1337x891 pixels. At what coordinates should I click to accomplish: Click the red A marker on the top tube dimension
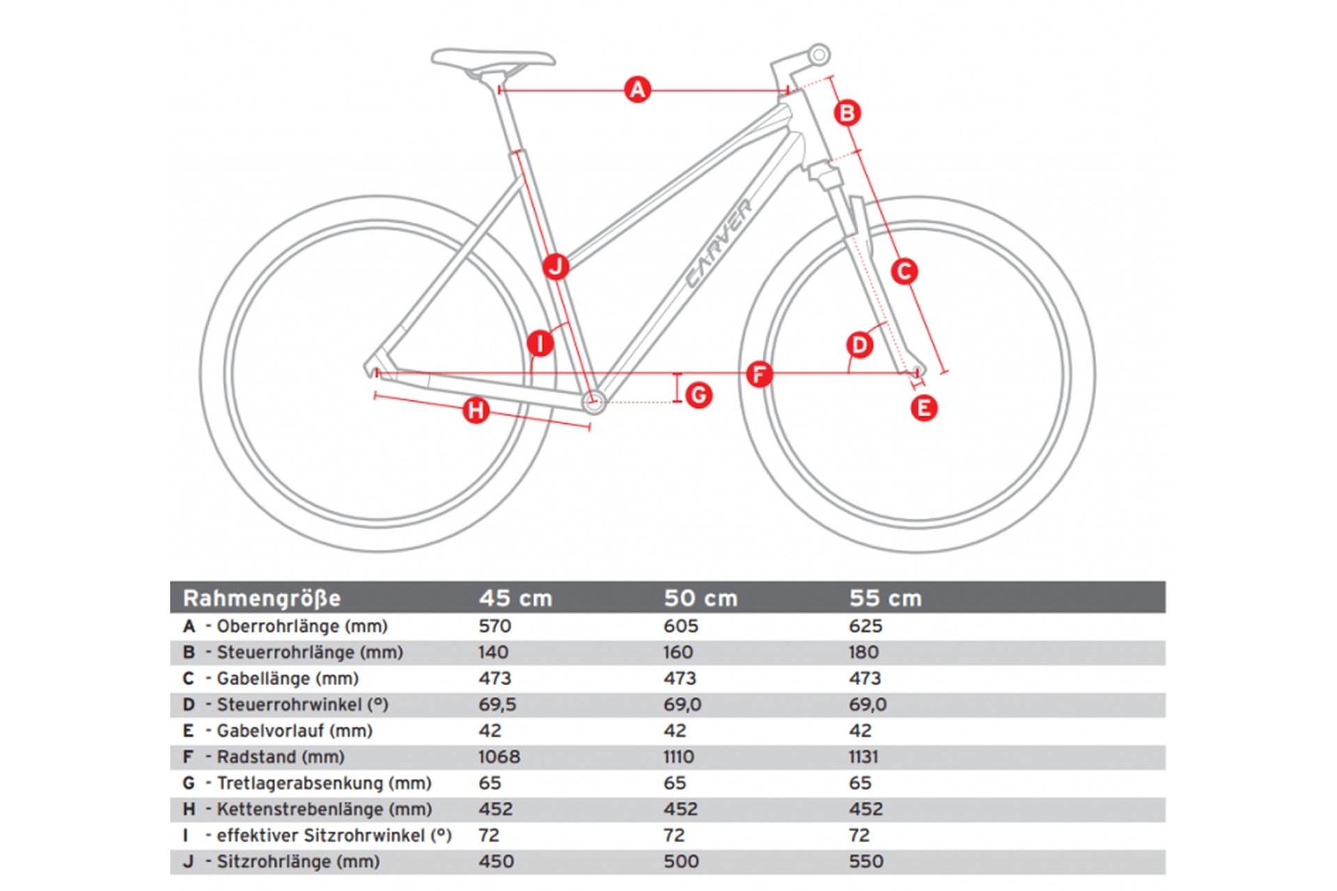click(637, 90)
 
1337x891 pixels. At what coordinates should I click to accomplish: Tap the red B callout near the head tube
click(847, 113)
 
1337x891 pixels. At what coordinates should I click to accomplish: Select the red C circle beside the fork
click(904, 271)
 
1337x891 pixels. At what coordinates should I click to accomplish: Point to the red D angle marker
click(859, 345)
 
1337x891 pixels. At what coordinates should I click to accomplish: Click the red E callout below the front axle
click(923, 408)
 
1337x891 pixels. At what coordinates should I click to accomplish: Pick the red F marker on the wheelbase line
click(759, 374)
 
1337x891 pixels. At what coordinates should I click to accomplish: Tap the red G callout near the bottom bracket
click(698, 395)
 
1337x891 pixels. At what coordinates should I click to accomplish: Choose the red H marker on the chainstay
click(476, 410)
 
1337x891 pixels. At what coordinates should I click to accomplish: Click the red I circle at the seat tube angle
click(540, 343)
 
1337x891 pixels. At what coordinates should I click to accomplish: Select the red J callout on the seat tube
click(556, 267)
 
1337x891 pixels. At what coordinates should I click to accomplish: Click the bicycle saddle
click(492, 60)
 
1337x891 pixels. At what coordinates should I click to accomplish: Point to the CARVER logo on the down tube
click(719, 243)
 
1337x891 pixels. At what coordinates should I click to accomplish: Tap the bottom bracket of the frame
click(593, 401)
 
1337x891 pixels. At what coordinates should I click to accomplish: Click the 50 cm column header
click(700, 598)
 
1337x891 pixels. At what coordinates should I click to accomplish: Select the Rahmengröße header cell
click(262, 598)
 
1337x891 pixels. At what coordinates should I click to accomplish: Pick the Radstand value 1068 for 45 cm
click(499, 757)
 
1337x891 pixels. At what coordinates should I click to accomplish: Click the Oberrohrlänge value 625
click(865, 626)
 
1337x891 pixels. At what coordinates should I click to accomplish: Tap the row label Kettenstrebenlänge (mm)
click(324, 809)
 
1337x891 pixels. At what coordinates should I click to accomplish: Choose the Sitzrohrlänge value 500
click(680, 861)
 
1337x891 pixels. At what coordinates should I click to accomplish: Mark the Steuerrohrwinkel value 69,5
click(497, 704)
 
